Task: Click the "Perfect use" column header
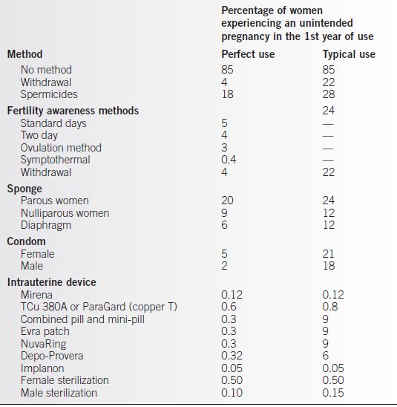click(248, 54)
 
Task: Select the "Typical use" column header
click(349, 54)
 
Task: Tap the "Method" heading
click(24, 54)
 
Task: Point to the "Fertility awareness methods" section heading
click(73, 111)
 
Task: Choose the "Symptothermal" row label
click(55, 160)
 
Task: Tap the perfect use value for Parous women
click(228, 201)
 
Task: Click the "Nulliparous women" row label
click(65, 213)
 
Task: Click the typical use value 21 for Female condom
click(328, 254)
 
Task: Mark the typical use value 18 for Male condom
click(328, 266)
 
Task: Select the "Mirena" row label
click(38, 295)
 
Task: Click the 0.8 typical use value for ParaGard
click(330, 307)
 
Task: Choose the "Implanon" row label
click(42, 368)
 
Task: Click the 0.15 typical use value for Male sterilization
click(334, 394)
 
